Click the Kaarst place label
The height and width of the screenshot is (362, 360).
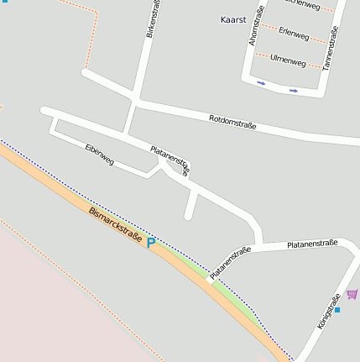pos(232,19)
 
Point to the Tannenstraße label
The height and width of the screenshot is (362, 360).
pos(334,47)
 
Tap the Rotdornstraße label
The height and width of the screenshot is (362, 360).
pos(232,123)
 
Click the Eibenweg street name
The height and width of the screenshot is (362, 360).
pos(100,153)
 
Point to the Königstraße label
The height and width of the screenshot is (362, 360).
pos(329,310)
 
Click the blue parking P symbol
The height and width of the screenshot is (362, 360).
pos(151,243)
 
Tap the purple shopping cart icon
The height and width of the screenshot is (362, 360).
pos(352,294)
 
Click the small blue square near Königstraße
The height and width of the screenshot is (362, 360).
pos(337,310)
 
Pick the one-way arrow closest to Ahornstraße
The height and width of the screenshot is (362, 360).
pos(262,83)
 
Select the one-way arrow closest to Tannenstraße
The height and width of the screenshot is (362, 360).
pos(294,90)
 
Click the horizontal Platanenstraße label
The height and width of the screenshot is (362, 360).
pos(311,244)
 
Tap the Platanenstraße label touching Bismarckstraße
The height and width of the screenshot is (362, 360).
pos(231,262)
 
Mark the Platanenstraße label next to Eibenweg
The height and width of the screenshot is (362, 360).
pos(170,160)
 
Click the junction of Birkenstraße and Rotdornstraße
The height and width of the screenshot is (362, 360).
pos(133,101)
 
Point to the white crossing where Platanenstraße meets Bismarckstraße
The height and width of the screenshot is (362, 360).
pos(208,281)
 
